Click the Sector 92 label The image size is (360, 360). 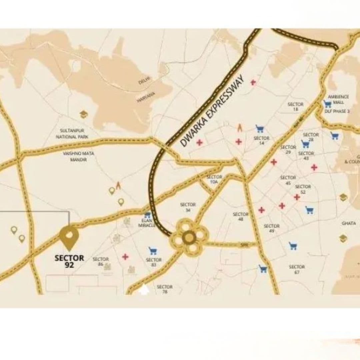pos(69,262)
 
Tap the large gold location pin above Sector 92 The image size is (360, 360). pos(69,237)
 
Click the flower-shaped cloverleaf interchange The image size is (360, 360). pos(189,237)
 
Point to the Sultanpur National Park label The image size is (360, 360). pos(72,134)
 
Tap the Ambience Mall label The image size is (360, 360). pos(338,99)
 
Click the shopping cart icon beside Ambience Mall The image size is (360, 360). pos(327,104)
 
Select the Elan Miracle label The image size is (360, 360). pos(147,223)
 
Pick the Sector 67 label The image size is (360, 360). pos(297,269)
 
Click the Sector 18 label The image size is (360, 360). pos(295,107)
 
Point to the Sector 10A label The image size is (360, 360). pos(214,179)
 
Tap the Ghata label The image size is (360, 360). pos(349,223)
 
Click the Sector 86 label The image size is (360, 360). pos(101,261)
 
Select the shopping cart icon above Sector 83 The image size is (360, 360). pos(153,250)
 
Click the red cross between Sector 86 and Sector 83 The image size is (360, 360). pos(125,257)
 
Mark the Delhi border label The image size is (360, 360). pos(145,80)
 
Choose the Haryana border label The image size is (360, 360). pos(146,97)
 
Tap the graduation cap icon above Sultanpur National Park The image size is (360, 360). pos(84,114)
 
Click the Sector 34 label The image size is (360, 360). pos(188,207)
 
